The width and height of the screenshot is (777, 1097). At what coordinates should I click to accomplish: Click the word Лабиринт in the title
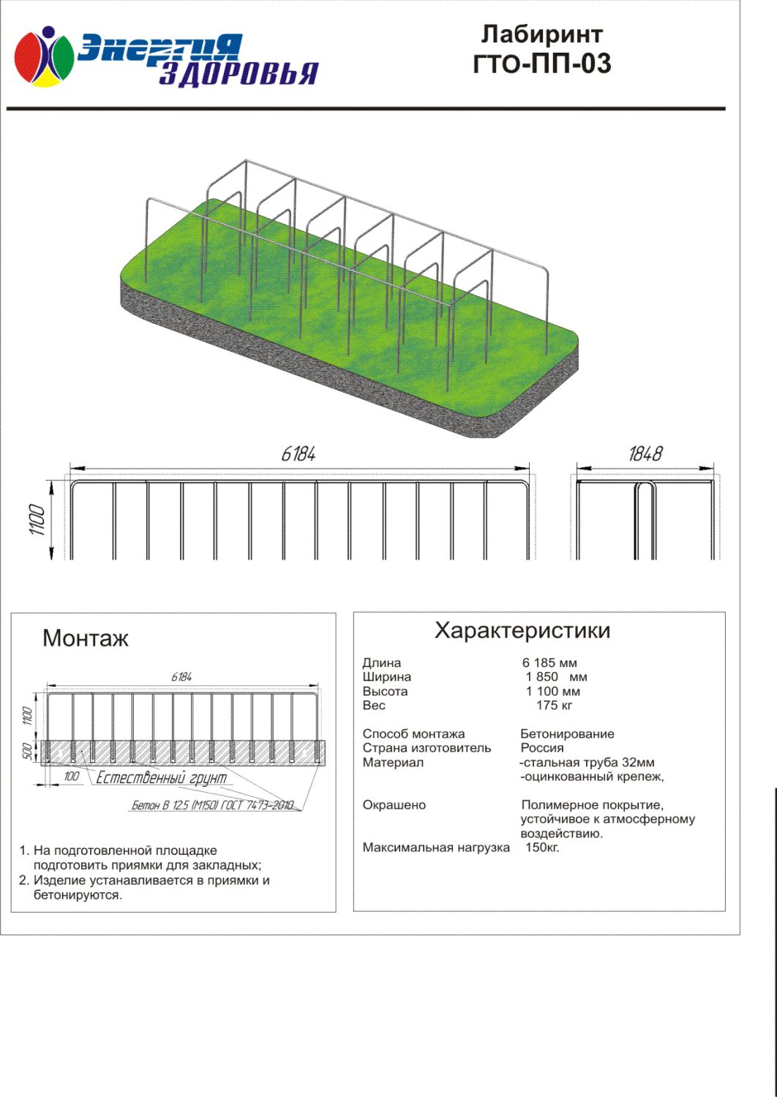click(542, 34)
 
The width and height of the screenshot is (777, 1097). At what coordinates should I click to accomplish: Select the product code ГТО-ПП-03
click(542, 64)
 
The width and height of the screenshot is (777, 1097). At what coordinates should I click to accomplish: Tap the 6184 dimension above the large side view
click(299, 454)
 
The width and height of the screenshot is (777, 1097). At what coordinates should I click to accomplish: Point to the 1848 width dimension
click(645, 454)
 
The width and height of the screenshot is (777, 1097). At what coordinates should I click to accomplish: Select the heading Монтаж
click(86, 638)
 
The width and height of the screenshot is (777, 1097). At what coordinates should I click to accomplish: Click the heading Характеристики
click(522, 630)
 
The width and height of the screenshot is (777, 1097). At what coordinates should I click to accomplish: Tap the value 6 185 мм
click(549, 663)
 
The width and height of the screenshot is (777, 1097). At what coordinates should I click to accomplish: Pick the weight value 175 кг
click(554, 706)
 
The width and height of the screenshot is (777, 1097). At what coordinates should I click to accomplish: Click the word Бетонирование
click(567, 734)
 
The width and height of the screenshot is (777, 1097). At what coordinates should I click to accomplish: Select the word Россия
click(542, 748)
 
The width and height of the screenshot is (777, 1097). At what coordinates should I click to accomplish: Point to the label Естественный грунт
click(162, 778)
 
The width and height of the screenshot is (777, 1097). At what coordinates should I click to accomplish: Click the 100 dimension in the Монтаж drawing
click(72, 777)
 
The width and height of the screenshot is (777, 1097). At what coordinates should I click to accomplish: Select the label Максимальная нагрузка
click(436, 848)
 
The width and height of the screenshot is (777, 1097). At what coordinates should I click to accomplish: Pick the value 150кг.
click(542, 848)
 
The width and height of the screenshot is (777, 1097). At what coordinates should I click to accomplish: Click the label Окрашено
click(394, 805)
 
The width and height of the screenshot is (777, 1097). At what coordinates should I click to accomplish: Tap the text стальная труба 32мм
click(588, 763)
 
